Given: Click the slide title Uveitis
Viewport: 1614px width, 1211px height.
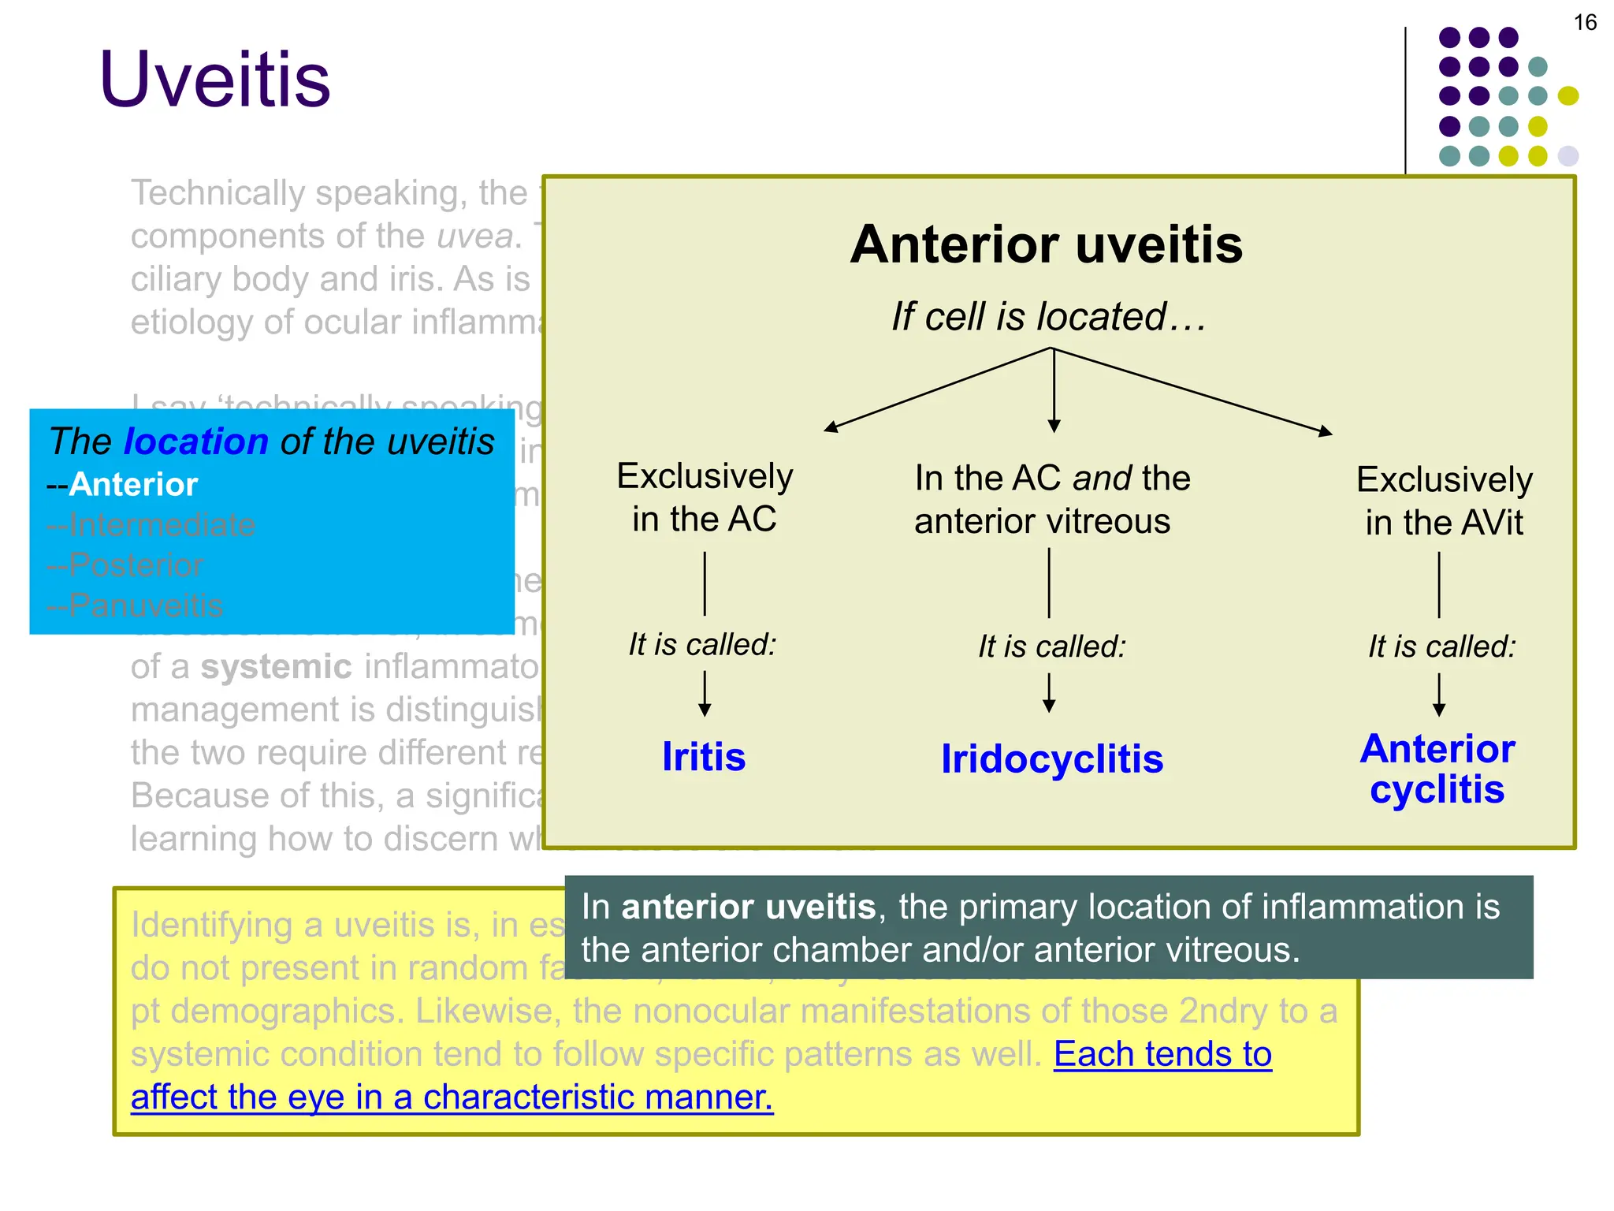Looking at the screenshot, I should click(x=214, y=79).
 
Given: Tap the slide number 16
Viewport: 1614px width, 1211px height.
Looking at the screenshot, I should click(x=1584, y=23).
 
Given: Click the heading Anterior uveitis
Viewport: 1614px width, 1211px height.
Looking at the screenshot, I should click(x=1046, y=244).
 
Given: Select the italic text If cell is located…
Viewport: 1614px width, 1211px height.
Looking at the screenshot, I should click(x=1048, y=317).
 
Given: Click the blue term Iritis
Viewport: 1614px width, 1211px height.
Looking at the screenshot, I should click(x=703, y=757).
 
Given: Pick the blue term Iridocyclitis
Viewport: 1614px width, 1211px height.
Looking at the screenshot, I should click(x=1051, y=759).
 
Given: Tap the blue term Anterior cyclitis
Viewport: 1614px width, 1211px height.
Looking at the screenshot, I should click(x=1437, y=769).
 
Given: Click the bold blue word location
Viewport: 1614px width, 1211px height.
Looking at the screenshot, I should click(x=196, y=442).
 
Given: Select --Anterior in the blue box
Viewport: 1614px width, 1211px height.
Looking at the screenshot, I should click(x=123, y=484).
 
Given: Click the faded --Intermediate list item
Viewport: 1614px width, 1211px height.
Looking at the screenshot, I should click(x=151, y=525).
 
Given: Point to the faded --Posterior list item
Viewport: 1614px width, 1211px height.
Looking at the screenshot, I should click(x=125, y=565).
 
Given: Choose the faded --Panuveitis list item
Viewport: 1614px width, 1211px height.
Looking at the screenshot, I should click(x=135, y=605).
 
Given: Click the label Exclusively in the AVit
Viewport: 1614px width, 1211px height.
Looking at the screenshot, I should click(x=1444, y=501).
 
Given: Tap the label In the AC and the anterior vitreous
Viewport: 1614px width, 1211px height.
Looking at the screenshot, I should click(x=1051, y=499).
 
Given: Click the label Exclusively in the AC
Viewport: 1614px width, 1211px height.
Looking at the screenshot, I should click(x=704, y=497).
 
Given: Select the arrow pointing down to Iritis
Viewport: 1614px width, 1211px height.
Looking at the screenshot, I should click(x=705, y=694).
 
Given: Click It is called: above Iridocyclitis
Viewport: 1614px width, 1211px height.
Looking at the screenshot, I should click(x=1051, y=646).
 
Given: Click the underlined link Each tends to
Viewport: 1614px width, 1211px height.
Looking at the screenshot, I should click(x=1162, y=1054).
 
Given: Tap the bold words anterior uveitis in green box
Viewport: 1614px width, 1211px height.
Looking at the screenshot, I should click(x=748, y=907).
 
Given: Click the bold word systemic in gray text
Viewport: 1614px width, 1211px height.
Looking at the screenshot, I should click(x=276, y=667).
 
